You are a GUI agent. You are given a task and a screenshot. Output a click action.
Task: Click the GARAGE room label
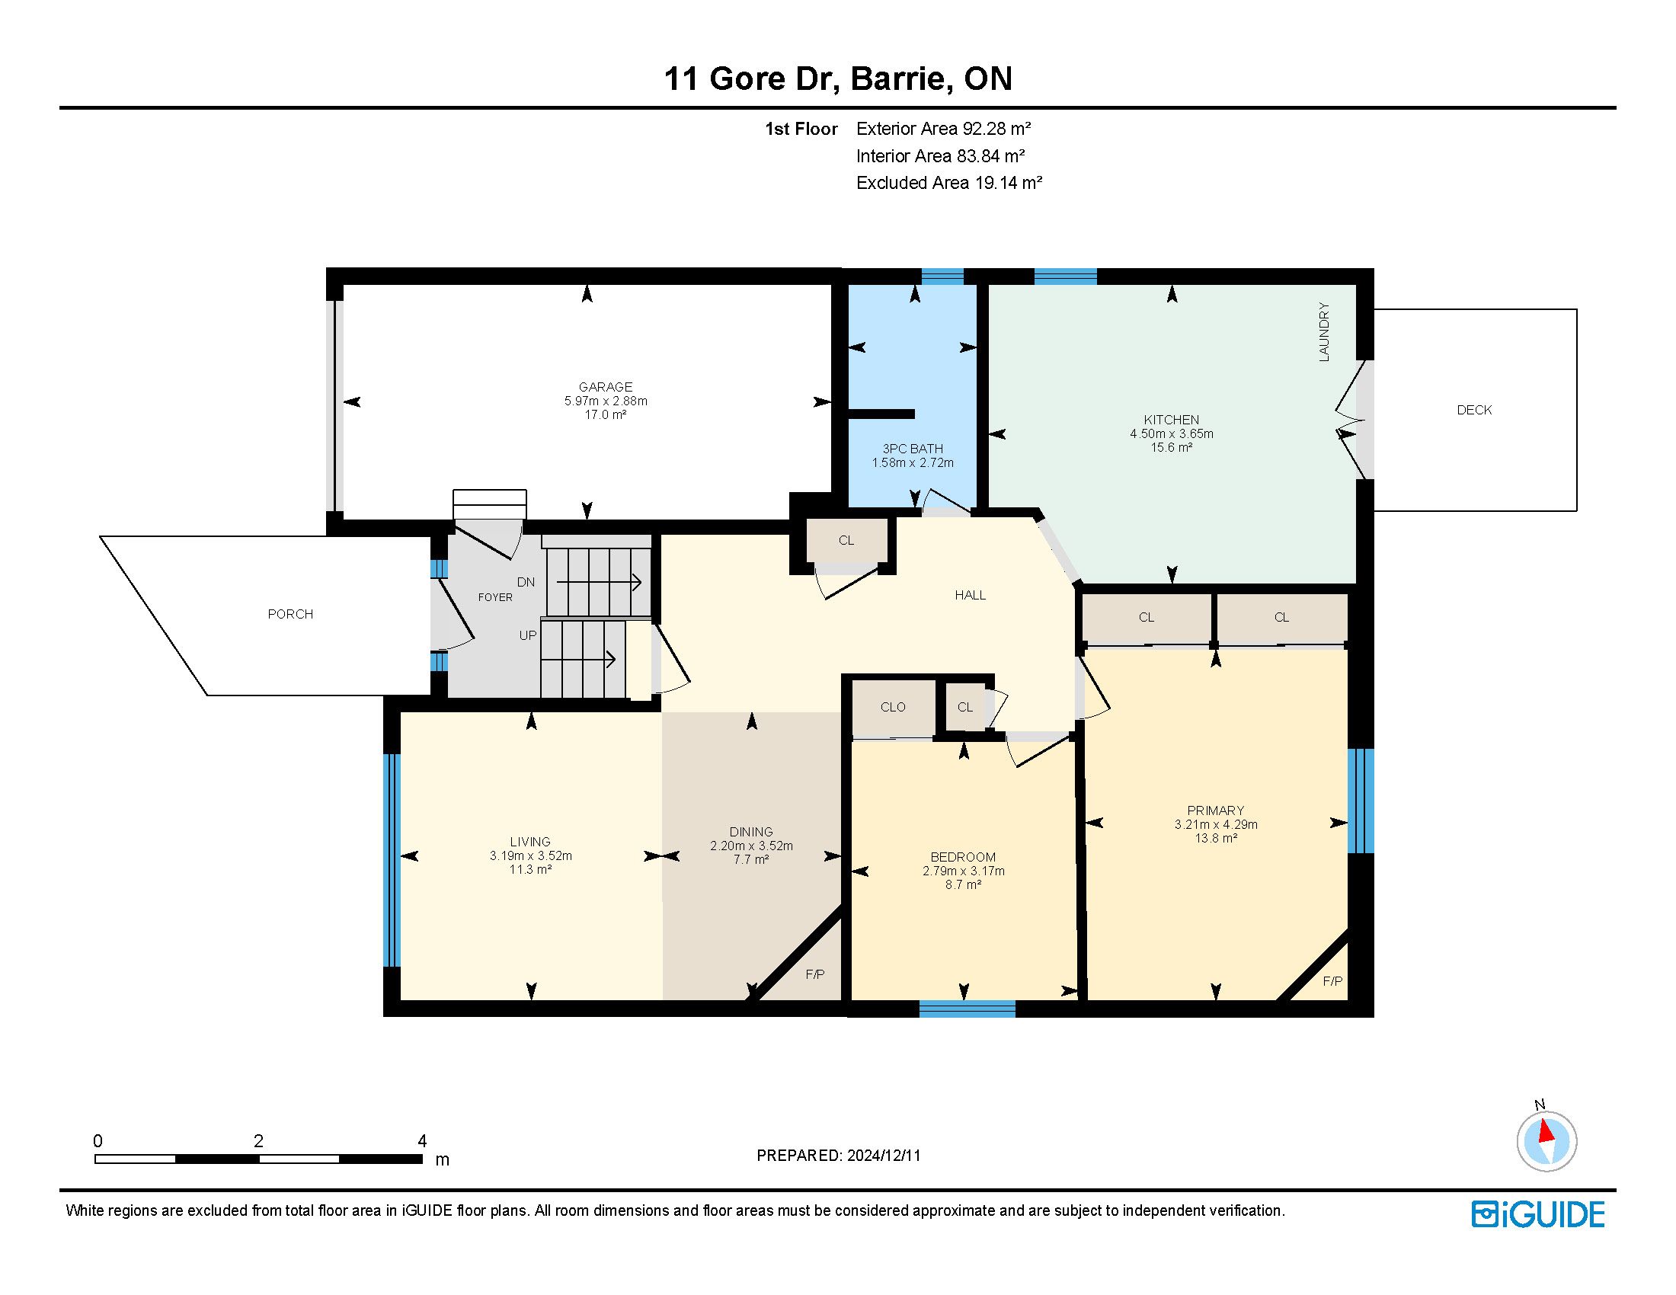[x=606, y=388]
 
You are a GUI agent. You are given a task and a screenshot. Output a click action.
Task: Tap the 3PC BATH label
[x=913, y=449]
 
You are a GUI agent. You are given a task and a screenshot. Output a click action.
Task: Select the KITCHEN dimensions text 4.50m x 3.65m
[x=1171, y=433]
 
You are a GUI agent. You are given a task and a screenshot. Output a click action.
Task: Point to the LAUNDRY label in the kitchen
[x=1324, y=332]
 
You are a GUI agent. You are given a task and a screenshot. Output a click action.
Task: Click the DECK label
[x=1474, y=410]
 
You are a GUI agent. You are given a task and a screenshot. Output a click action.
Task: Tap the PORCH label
[x=290, y=614]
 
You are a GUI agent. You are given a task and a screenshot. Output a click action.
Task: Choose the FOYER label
[x=495, y=597]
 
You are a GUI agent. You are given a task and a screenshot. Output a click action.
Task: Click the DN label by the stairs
[x=526, y=582]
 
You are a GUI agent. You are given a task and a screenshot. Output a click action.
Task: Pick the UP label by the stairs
[x=528, y=635]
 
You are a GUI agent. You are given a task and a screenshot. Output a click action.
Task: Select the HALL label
[x=970, y=595]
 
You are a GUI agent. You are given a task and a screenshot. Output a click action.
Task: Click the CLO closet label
[x=894, y=707]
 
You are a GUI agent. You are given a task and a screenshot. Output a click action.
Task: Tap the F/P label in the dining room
[x=815, y=974]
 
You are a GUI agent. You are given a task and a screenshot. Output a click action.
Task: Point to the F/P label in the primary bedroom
[x=1333, y=981]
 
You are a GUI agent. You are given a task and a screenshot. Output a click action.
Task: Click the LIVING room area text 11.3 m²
[x=530, y=869]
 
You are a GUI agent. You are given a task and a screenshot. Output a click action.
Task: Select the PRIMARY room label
[x=1216, y=811]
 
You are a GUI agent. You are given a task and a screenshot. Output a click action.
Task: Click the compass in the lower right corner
[x=1546, y=1141]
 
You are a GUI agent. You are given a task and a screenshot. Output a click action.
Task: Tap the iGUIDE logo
[x=1538, y=1214]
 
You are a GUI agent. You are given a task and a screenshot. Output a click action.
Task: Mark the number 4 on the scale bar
[x=422, y=1141]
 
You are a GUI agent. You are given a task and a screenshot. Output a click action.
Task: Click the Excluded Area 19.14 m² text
[x=949, y=183]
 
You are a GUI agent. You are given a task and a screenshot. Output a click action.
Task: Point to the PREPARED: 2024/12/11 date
[x=839, y=1156]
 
